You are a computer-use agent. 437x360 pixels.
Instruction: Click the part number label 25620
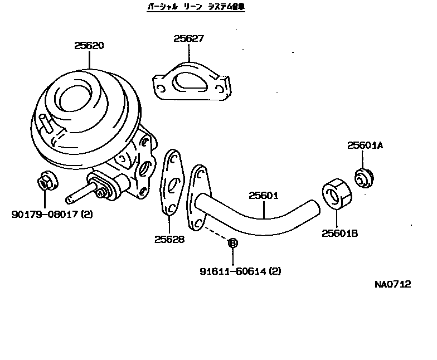coord(89,46)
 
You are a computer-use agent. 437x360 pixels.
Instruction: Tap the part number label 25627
coord(188,39)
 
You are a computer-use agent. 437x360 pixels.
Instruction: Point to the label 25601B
coord(339,233)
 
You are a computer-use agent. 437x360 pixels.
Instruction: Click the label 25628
coord(169,240)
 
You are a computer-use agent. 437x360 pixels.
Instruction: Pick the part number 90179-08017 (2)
coord(52,214)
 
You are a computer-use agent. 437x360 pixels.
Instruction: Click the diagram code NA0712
coord(392,284)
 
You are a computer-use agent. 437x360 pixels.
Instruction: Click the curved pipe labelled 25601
coord(262,221)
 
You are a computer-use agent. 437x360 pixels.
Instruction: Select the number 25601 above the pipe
coord(263,196)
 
